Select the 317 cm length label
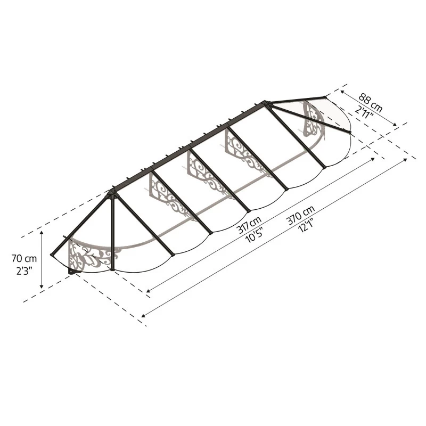coord(249,225)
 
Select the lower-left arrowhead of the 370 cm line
coord(143,315)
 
